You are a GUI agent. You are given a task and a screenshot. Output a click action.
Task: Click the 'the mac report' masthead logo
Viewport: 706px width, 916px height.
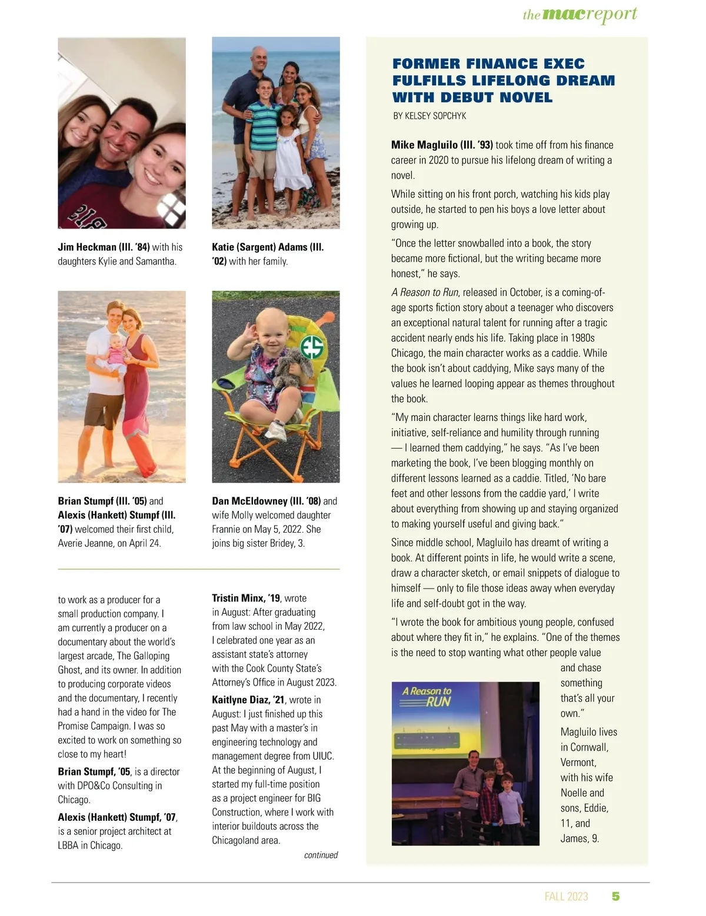tap(580, 14)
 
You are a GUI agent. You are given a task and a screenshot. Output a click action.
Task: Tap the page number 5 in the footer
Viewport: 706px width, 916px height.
tap(615, 896)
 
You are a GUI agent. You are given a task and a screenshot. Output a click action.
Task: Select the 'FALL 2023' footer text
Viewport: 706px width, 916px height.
tap(566, 896)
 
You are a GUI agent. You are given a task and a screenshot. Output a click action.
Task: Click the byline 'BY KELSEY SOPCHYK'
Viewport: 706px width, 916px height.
tap(429, 116)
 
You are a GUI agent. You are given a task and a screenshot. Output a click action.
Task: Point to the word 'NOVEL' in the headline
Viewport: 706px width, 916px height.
tap(524, 97)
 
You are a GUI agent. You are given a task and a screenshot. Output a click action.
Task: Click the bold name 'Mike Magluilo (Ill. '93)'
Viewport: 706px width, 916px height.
tap(442, 145)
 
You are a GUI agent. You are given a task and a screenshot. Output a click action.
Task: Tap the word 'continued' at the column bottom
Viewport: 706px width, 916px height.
tap(321, 855)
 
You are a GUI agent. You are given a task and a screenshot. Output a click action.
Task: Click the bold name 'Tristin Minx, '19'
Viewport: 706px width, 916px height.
tap(246, 598)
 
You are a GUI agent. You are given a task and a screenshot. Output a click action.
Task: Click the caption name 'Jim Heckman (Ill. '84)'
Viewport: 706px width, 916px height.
tap(104, 247)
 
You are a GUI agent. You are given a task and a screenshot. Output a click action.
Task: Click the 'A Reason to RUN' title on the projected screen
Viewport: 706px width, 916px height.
tap(427, 696)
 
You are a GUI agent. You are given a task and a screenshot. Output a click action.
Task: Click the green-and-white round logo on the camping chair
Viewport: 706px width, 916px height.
tap(311, 347)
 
